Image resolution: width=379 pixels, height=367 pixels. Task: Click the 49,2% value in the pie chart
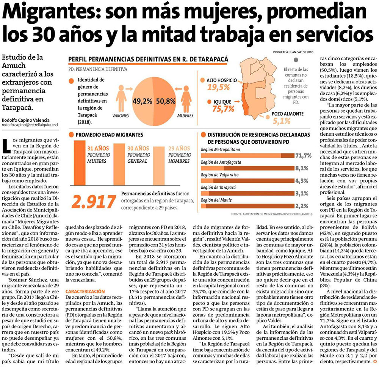pyautogui.click(x=143, y=101)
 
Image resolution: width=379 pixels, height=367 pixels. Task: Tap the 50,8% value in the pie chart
pyautogui.click(x=165, y=101)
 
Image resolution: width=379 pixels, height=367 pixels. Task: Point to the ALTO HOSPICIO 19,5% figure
pyautogui.click(x=218, y=87)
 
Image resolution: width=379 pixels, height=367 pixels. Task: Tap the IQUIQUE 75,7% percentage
pyautogui.click(x=222, y=109)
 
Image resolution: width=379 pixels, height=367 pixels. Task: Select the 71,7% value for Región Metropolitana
pyautogui.click(x=303, y=155)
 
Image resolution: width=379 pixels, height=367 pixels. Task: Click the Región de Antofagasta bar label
pyautogui.click(x=221, y=162)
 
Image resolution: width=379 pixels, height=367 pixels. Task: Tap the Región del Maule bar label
pyautogui.click(x=216, y=200)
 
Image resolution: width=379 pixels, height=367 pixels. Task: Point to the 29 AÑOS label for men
pyautogui.click(x=179, y=148)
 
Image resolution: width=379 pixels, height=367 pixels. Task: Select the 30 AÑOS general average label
pyautogui.click(x=138, y=148)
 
